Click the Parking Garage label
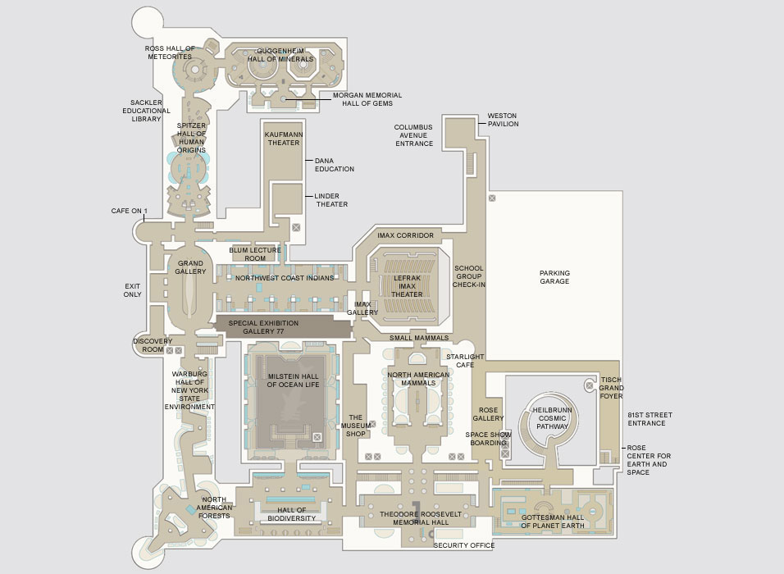[554, 277]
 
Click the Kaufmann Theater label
[283, 138]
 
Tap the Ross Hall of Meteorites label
[170, 52]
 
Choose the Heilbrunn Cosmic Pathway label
[546, 416]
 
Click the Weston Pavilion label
[503, 120]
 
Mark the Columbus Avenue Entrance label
[413, 135]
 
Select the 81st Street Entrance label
[650, 419]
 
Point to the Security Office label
[463, 545]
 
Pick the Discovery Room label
[152, 345]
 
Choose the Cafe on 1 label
[128, 212]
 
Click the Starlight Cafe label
[465, 362]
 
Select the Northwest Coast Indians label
[285, 278]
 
